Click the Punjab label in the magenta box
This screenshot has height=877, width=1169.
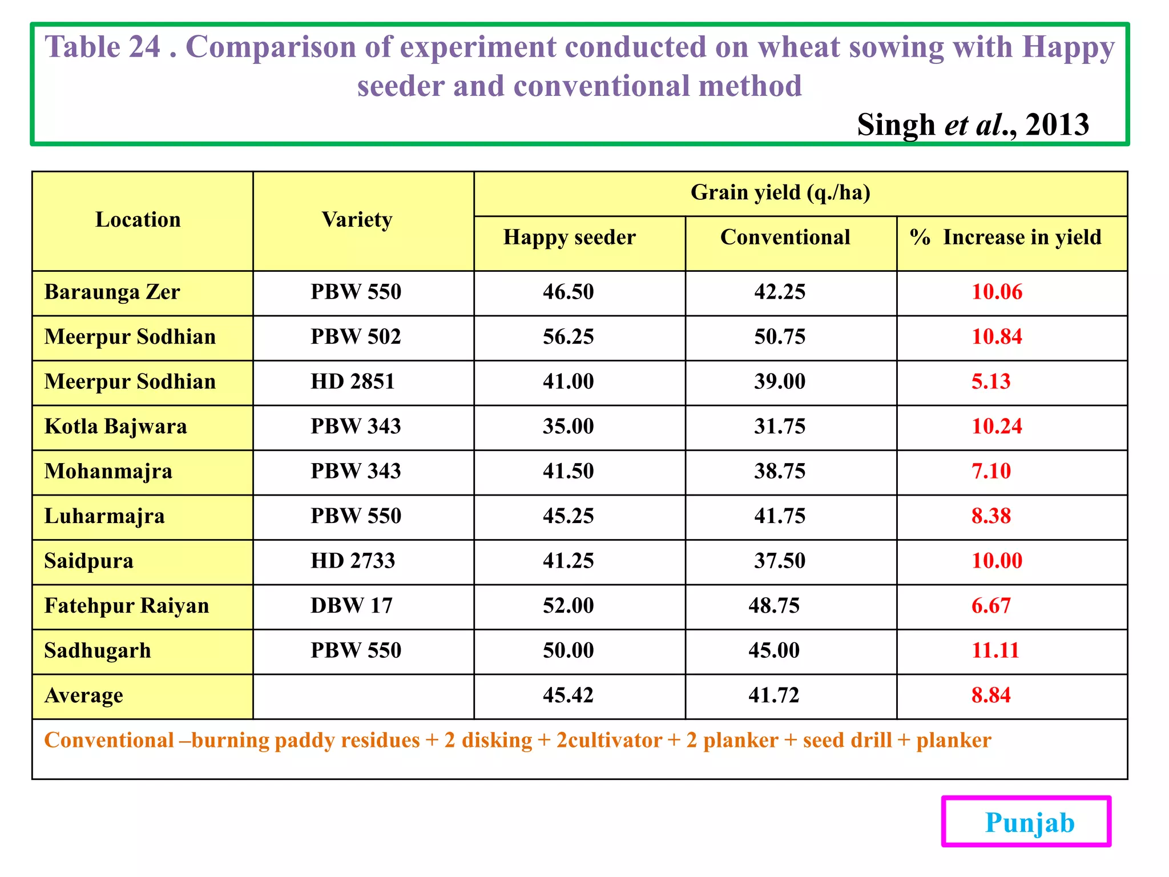click(x=1029, y=823)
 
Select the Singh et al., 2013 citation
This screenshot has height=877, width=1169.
click(x=973, y=124)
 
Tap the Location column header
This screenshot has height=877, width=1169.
click(x=138, y=220)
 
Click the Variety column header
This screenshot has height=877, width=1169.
click(x=357, y=220)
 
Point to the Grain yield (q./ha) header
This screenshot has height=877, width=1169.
click(x=780, y=193)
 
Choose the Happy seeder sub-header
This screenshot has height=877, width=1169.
click(x=569, y=238)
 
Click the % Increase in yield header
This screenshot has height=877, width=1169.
click(x=1005, y=238)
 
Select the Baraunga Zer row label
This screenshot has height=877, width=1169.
click(x=112, y=292)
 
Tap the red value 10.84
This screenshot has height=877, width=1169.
click(x=996, y=337)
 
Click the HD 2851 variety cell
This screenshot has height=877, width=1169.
click(x=352, y=381)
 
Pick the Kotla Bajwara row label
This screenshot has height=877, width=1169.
click(x=115, y=427)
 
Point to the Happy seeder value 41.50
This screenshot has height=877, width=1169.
click(x=568, y=471)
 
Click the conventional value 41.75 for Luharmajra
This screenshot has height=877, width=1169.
click(x=779, y=516)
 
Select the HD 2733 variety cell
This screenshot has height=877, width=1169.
click(x=352, y=561)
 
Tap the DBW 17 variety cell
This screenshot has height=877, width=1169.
click(x=351, y=606)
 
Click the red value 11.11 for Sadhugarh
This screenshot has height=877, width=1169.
click(x=995, y=650)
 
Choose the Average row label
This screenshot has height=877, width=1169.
click(x=83, y=695)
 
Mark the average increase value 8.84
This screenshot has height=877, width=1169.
click(x=990, y=695)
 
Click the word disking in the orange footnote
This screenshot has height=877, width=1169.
click(x=497, y=741)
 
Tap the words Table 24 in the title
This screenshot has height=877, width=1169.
click(x=103, y=47)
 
